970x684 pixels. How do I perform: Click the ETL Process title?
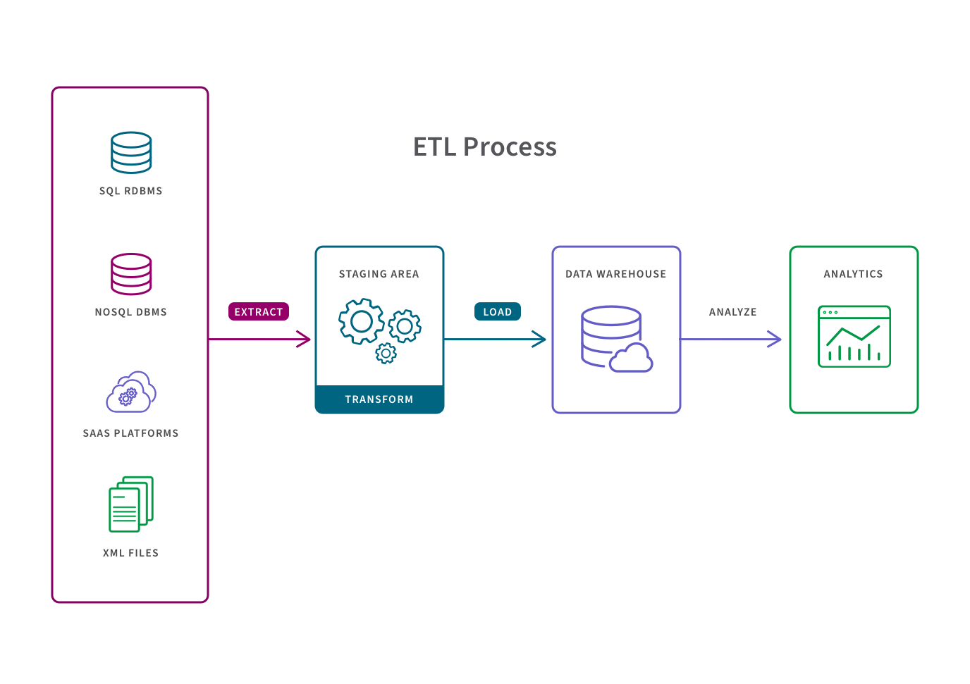coord(485,147)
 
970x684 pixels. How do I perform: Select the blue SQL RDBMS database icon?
coord(131,152)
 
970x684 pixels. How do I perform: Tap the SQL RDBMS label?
coord(130,191)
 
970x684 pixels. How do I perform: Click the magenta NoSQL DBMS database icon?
coord(131,273)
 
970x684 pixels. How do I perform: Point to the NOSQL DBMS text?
coord(130,312)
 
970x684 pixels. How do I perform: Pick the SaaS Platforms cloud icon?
coord(131,392)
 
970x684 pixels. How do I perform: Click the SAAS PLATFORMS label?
coord(130,433)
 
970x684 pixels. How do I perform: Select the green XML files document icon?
coord(131,504)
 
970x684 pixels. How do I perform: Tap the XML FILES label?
coord(130,553)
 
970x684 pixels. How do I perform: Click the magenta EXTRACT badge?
coord(258,312)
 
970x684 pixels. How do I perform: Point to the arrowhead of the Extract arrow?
coord(305,340)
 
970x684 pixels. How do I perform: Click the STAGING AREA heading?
coord(379,274)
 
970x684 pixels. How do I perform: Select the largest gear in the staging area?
coord(361,321)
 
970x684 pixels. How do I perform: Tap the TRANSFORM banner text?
coord(379,399)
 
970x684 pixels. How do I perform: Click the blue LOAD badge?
coord(497,312)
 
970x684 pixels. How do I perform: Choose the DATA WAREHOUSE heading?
coord(615,274)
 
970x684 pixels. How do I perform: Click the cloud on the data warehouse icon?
coord(632,359)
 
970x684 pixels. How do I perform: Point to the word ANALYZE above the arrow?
coord(732,312)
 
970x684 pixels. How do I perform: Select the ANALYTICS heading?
coord(853,274)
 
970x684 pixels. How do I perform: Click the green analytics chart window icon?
coord(854,336)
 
